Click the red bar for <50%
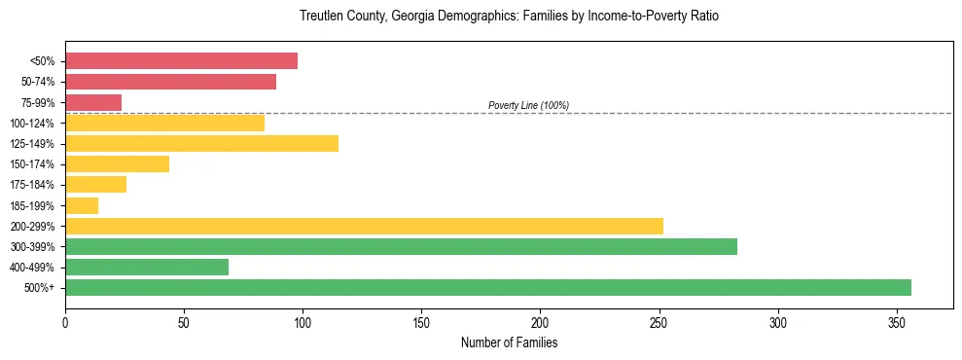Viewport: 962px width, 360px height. [181, 61]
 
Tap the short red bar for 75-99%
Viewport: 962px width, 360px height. [93, 102]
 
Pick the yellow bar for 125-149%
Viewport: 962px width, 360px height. [201, 144]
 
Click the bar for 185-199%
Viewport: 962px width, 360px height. [82, 205]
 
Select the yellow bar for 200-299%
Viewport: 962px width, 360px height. [364, 226]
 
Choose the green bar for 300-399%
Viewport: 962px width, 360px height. [401, 246]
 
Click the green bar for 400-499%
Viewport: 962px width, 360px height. [147, 267]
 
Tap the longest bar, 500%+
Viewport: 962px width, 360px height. [488, 287]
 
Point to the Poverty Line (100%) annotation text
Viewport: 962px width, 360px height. [528, 105]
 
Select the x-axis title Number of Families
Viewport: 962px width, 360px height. [509, 343]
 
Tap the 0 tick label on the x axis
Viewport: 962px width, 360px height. [65, 320]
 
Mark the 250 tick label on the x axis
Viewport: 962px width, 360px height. [659, 320]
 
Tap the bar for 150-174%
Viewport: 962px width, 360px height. [117, 164]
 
